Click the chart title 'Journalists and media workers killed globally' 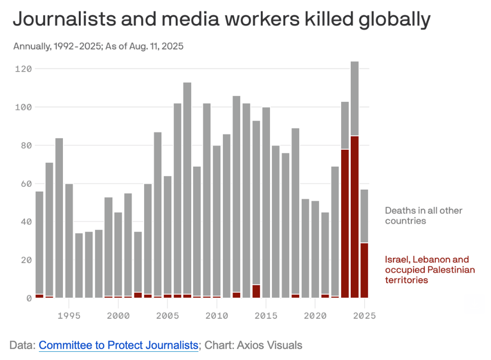pos(221,19)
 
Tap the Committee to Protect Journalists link pos(118,345)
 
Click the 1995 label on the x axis pos(69,316)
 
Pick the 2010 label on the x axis pos(217,316)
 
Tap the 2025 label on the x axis pos(364,316)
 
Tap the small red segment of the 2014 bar pos(256,291)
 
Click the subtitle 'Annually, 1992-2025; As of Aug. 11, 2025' pos(98,47)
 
